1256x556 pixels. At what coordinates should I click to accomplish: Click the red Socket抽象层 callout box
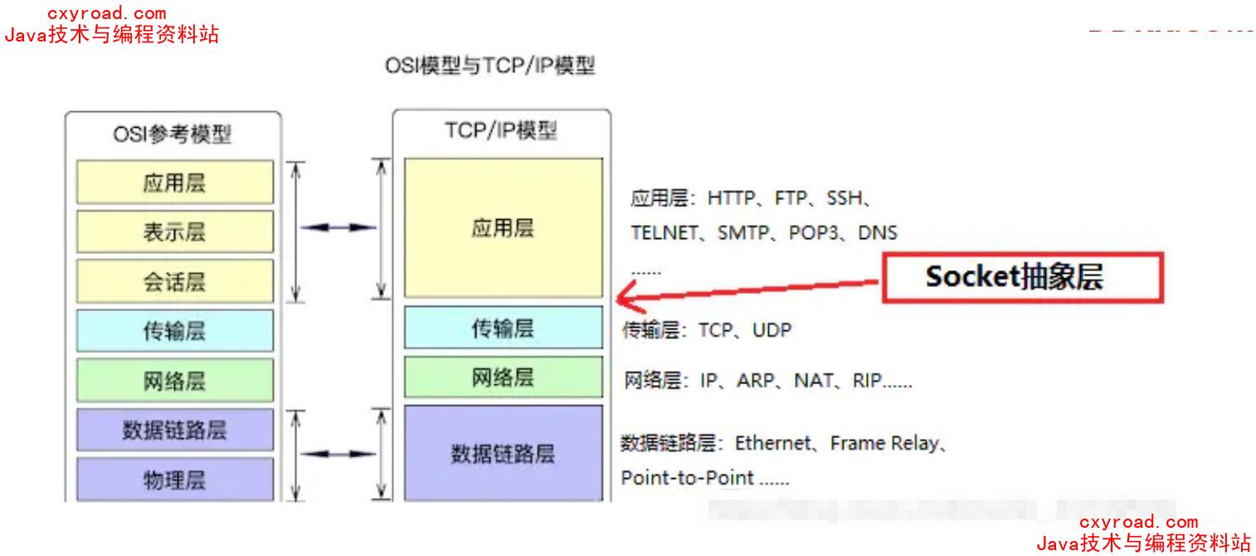(x=1022, y=278)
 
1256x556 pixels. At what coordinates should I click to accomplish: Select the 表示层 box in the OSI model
(x=175, y=232)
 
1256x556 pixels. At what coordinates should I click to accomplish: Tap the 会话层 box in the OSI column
(x=175, y=281)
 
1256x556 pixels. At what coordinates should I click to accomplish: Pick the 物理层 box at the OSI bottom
(x=175, y=479)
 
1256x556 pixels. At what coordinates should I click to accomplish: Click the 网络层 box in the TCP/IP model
(x=503, y=378)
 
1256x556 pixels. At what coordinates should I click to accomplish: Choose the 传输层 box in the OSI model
(x=175, y=331)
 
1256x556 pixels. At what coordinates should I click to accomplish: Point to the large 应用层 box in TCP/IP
(x=503, y=228)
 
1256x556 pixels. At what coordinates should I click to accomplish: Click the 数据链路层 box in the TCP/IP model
(x=503, y=453)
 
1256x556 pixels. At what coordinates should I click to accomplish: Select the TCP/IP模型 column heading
(x=501, y=131)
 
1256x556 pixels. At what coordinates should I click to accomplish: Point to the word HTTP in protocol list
(x=732, y=198)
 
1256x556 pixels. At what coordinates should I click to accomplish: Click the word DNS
(x=878, y=232)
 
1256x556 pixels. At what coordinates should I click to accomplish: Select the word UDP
(x=772, y=330)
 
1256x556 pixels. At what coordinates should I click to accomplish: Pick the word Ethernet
(x=772, y=443)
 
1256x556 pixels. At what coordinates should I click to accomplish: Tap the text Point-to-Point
(x=688, y=478)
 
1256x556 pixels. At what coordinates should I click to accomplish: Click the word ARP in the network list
(x=756, y=381)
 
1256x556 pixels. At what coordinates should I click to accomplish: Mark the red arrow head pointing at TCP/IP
(x=623, y=295)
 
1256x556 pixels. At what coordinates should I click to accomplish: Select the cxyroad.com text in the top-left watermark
(x=107, y=13)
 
